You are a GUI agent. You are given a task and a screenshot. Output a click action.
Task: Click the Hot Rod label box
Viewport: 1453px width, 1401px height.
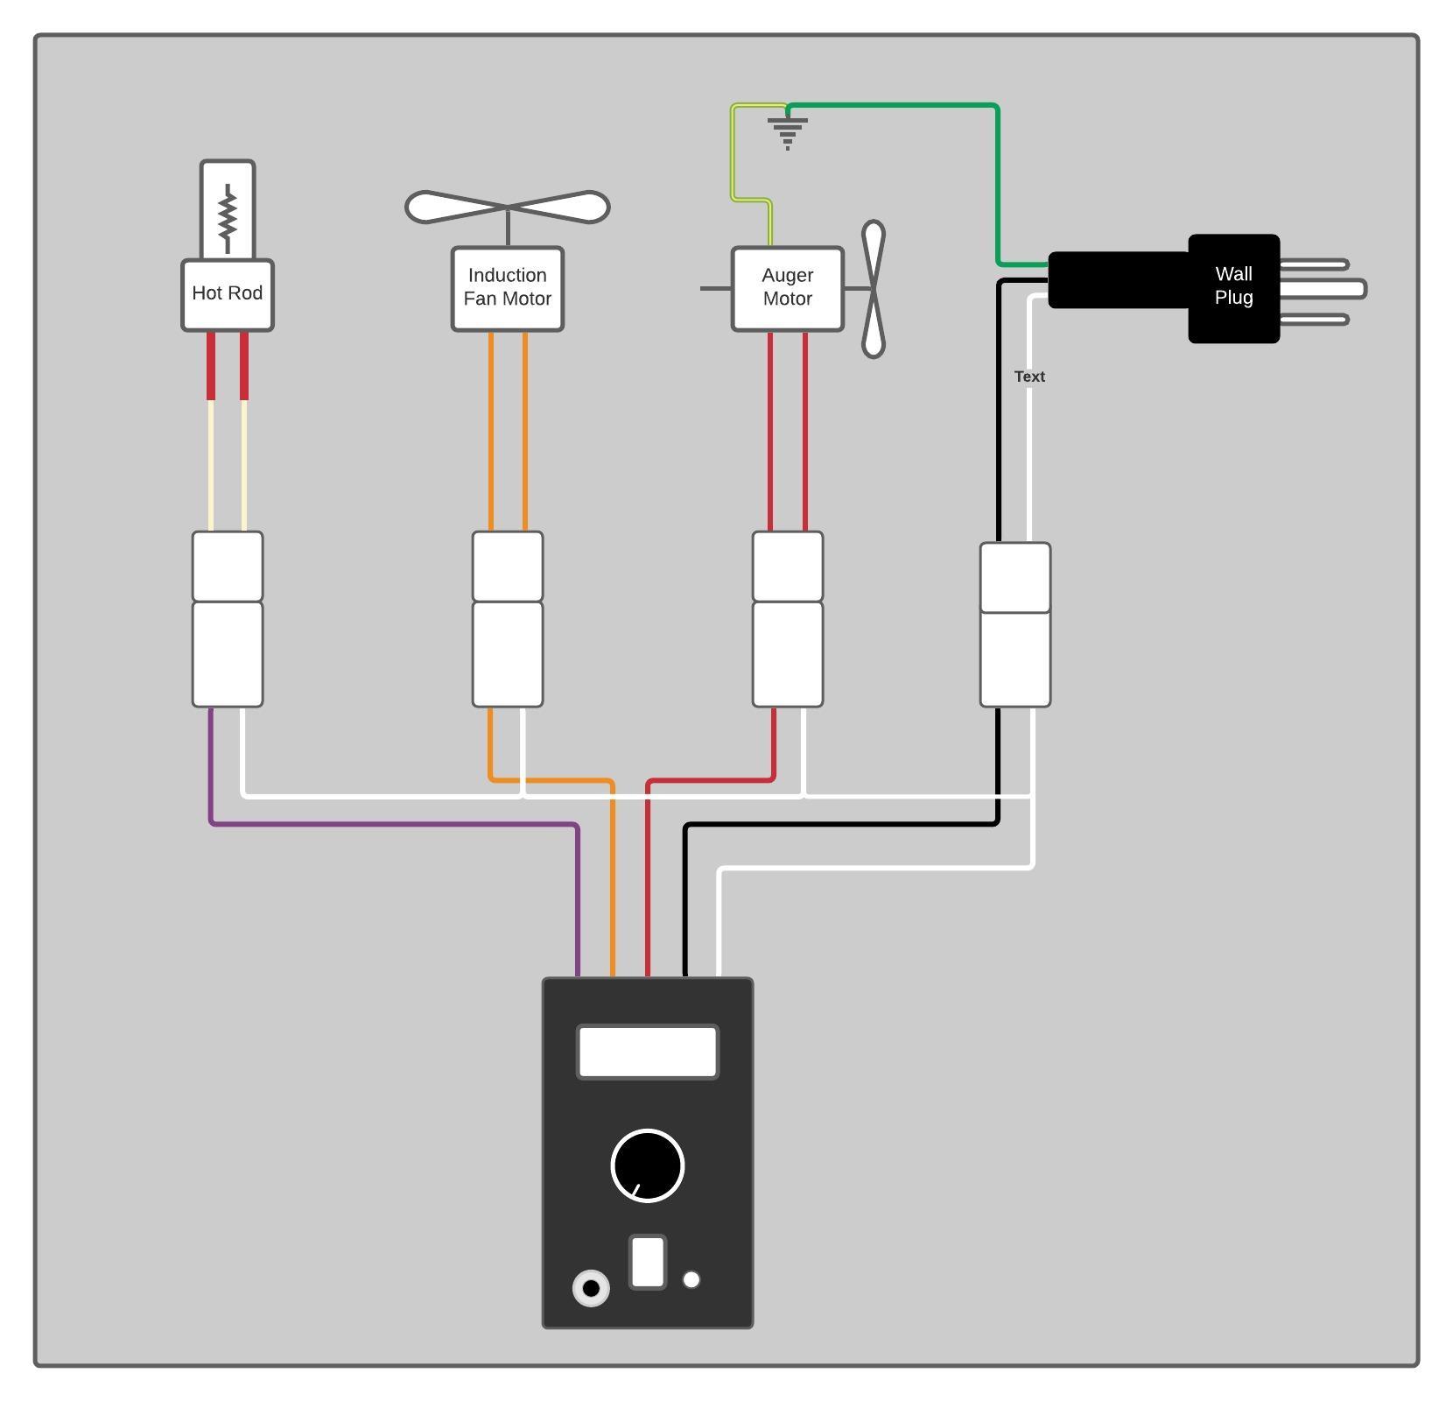(228, 295)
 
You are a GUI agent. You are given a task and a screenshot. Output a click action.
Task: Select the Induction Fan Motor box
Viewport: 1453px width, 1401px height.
(508, 288)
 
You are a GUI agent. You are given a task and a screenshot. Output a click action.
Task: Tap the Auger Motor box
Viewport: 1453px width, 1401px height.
(788, 288)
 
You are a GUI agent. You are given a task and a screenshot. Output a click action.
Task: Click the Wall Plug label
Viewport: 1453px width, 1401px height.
(1233, 286)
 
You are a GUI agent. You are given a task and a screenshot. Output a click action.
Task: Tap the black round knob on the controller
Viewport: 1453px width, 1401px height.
(648, 1165)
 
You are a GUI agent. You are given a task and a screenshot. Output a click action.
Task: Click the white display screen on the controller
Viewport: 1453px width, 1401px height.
(648, 1052)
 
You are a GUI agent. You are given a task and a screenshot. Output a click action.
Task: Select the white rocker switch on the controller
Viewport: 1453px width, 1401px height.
(648, 1262)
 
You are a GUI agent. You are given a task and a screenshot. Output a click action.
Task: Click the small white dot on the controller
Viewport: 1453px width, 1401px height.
(691, 1279)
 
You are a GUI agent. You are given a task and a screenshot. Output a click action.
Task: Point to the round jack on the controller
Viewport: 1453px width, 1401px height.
(591, 1288)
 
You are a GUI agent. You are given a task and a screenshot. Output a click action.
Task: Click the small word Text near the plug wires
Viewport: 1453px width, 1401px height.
(1029, 377)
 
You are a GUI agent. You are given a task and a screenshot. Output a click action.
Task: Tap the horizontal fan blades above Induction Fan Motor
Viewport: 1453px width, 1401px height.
(508, 208)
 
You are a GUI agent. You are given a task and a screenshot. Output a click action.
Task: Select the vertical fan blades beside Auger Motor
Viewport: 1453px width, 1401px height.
(874, 289)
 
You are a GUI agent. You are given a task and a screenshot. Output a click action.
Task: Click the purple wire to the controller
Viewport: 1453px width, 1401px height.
(394, 824)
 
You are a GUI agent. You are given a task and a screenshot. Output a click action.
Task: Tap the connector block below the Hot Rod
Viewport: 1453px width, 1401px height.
(228, 619)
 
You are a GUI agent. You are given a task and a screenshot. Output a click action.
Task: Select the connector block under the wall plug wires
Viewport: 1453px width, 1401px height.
(1015, 624)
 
